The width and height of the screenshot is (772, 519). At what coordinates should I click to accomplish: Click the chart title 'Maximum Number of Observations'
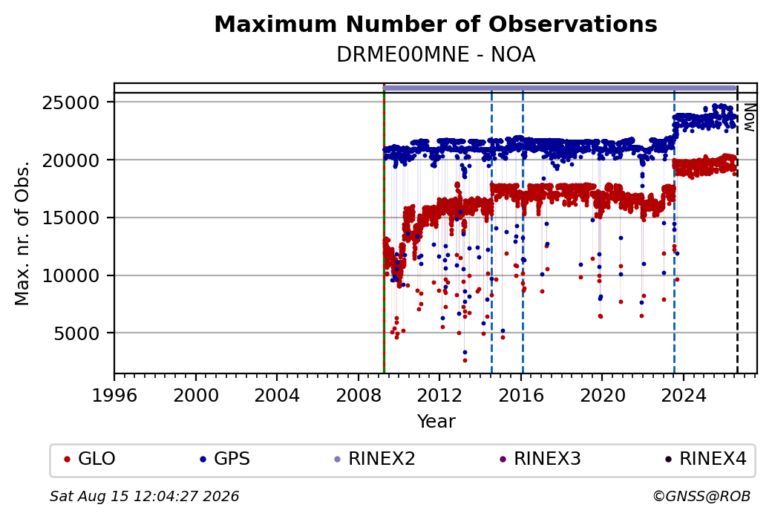coord(436,24)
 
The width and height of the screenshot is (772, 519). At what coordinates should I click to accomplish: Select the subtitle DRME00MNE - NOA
coord(436,55)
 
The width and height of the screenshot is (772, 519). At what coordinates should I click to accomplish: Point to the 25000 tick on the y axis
coord(71,103)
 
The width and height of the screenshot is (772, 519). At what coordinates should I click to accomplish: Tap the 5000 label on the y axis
coord(76,334)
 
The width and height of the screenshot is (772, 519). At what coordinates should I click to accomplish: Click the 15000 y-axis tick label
coord(71,218)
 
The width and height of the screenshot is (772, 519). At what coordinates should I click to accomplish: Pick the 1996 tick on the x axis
coord(114,396)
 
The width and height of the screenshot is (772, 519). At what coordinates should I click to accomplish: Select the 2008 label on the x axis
coord(358,396)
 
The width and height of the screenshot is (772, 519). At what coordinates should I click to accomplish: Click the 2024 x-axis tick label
coord(684,396)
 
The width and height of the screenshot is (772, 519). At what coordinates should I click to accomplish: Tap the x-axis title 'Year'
coord(436,422)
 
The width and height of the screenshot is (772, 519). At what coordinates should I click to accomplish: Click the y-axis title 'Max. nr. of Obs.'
coord(22,232)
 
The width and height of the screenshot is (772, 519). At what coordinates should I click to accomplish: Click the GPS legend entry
coord(225,459)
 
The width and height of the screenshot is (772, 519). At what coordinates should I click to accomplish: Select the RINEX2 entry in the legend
coord(375,459)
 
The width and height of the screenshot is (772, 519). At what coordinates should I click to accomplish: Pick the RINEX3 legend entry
coord(540,459)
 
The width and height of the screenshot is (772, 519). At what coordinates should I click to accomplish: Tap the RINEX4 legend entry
coord(705,459)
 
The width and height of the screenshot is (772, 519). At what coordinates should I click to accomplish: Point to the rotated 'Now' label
coord(749,117)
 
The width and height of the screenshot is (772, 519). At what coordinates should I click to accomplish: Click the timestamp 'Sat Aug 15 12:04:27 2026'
coord(144,496)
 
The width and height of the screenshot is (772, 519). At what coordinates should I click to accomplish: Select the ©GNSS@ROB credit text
coord(701,496)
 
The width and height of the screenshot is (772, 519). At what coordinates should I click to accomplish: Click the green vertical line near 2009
coord(384,229)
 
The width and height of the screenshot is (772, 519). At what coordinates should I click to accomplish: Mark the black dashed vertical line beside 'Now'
coord(737,229)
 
